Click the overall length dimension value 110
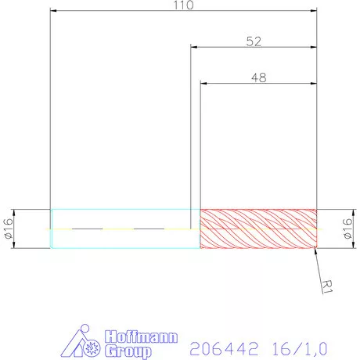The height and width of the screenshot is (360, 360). (185, 5)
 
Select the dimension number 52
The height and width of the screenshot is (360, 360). (254, 41)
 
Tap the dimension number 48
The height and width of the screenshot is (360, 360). (258, 77)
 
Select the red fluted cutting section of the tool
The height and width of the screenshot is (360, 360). (258, 229)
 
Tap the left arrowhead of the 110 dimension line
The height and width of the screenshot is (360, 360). (54, 12)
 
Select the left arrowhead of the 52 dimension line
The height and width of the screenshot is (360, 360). (194, 48)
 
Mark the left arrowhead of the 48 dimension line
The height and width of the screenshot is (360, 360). (204, 84)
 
